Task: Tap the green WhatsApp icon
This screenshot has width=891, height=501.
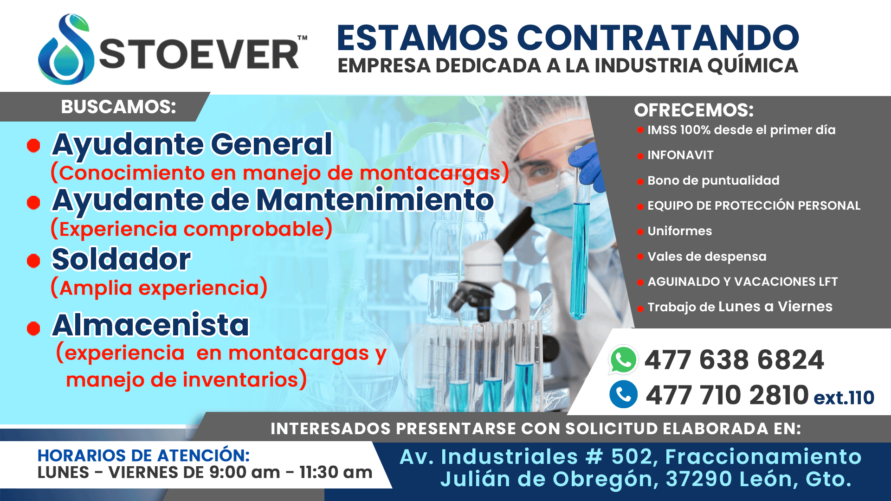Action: point(623,360)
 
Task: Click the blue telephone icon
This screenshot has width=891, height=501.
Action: point(623,394)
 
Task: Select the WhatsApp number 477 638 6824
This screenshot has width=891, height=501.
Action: point(734,360)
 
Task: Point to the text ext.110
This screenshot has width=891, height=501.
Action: point(844,398)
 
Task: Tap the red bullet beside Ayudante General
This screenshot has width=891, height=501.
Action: point(33,146)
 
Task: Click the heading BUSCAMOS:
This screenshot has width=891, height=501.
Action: point(119,107)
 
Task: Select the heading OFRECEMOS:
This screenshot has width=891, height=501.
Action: point(694,110)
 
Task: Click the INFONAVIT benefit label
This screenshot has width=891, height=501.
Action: point(680,155)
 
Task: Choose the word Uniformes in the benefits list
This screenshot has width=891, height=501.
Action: point(679,231)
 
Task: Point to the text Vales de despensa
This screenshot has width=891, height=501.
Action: point(707,257)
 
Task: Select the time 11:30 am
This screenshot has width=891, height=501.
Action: point(336,473)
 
